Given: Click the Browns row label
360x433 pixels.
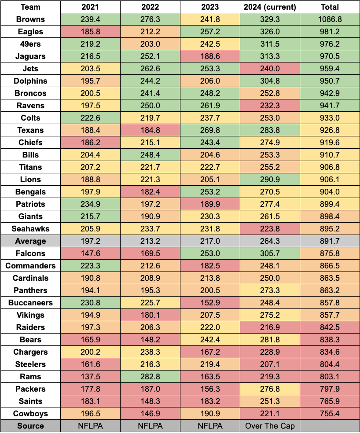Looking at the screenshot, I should (x=30, y=19).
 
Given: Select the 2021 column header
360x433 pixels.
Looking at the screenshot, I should (x=90, y=7).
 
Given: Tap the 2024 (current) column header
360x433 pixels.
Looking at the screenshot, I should (x=270, y=7).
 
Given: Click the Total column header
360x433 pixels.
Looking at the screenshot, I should (x=330, y=7).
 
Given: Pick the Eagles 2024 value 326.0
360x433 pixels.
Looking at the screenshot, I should (x=270, y=32).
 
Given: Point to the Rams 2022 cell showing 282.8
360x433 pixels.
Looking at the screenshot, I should (x=150, y=377).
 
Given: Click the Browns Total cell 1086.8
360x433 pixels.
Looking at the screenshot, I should (x=330, y=19).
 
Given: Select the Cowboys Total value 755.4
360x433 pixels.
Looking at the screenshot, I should (x=330, y=414).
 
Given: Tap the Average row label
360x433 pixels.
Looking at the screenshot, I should (x=30, y=241).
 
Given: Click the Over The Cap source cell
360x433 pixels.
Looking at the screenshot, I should (x=270, y=426).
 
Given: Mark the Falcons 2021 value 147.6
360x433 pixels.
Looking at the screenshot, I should (x=90, y=253).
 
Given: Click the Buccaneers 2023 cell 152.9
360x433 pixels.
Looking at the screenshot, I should (x=210, y=303).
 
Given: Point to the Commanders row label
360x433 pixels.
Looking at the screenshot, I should (x=30, y=266).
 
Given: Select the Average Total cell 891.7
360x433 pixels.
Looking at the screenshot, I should (x=330, y=241).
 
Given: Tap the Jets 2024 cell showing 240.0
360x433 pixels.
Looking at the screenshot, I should (x=270, y=69).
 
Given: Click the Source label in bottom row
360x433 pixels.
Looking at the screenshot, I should (x=30, y=426).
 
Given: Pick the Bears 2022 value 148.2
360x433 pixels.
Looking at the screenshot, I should (x=150, y=340).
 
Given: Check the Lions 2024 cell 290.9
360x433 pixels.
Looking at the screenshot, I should (x=270, y=180).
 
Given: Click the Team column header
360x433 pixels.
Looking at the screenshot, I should (x=30, y=7).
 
